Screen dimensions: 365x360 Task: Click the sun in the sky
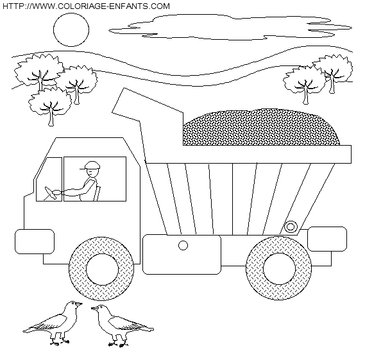71,30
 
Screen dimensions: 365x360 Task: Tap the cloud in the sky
230,27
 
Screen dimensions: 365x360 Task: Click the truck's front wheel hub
102,269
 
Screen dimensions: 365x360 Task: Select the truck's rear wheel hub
279,268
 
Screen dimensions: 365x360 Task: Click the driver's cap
91,166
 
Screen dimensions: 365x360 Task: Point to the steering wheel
50,193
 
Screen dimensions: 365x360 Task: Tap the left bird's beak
79,304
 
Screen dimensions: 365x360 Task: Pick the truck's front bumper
35,241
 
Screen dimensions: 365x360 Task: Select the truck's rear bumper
327,239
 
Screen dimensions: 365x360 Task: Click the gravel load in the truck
260,127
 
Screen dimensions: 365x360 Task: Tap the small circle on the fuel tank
183,245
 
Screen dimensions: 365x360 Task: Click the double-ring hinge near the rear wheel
291,227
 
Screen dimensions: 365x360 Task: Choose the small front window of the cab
49,179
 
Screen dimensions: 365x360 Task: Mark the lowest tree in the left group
50,107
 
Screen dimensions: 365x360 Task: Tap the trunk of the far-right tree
332,85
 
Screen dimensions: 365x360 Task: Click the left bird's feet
60,342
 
